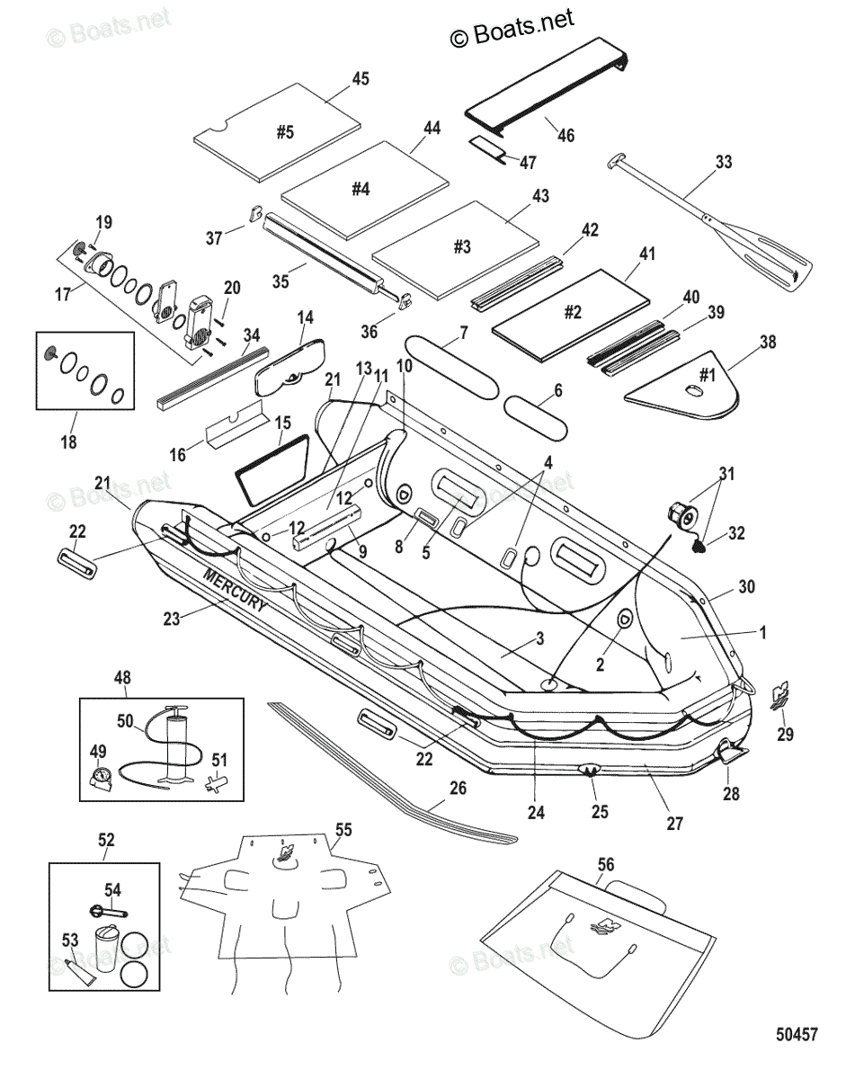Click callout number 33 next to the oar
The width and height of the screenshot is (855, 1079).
(x=724, y=163)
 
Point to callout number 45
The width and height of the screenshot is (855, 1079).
(x=360, y=79)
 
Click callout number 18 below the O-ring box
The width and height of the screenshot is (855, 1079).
(x=69, y=441)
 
